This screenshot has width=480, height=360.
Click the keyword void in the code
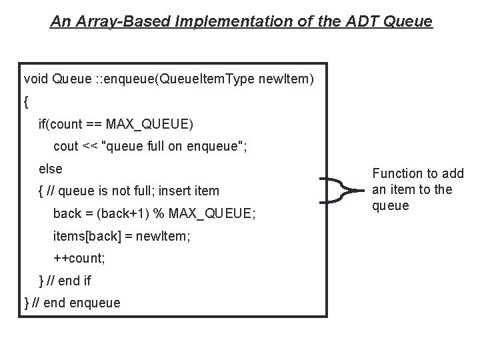(x=35, y=79)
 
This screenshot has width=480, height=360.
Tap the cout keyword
(x=65, y=146)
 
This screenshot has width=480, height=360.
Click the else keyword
(x=51, y=169)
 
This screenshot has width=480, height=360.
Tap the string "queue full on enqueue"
(x=173, y=146)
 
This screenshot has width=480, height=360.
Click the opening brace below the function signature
(x=26, y=102)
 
